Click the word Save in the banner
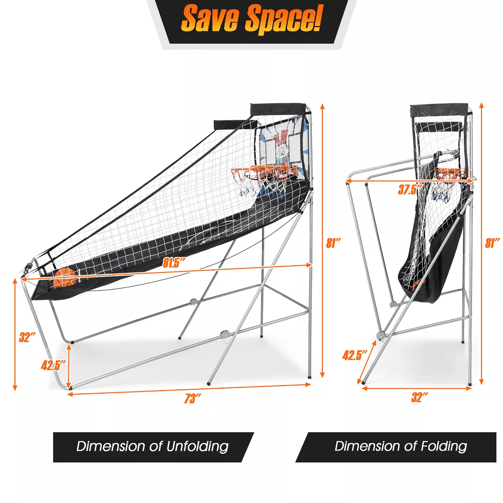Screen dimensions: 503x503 210,19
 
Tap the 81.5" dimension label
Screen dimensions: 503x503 174,263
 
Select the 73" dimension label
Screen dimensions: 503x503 193,399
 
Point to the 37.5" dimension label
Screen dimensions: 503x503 410,189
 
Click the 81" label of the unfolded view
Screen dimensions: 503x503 334,243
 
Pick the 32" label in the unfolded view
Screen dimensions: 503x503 27,337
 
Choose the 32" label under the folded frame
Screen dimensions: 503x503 420,397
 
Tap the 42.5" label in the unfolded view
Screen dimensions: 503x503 53,365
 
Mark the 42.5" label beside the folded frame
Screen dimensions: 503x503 355,355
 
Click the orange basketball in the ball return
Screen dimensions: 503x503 65,278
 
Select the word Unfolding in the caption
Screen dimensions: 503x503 197,446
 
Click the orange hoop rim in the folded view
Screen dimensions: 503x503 450,172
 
